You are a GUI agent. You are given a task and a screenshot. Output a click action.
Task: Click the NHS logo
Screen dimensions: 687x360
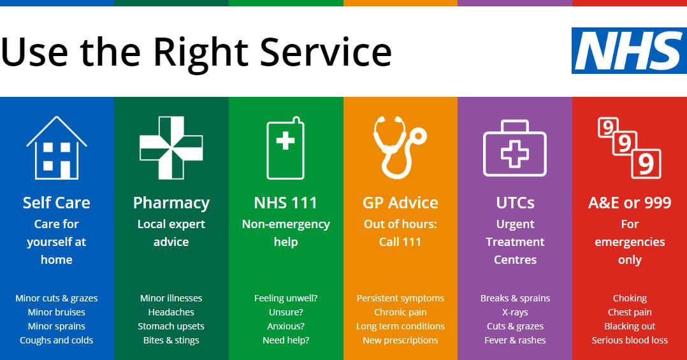629,50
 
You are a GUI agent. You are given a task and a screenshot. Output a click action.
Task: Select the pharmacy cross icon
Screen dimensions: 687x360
171,148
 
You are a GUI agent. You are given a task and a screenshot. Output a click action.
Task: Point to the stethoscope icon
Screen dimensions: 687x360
400,148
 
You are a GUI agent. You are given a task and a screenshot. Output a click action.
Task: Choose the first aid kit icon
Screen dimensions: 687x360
515,148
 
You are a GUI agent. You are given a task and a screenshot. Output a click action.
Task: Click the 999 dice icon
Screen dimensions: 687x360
630,148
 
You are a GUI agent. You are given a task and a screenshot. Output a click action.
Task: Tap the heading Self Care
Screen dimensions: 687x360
57,203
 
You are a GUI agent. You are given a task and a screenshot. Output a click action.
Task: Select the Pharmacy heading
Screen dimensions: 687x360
171,203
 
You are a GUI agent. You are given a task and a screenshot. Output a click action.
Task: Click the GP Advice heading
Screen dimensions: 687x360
400,203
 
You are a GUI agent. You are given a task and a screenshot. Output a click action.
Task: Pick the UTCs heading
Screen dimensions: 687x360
515,203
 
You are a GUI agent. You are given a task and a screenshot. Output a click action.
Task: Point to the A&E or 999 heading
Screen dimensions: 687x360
630,203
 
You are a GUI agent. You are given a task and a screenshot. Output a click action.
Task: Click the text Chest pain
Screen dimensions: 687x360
630,312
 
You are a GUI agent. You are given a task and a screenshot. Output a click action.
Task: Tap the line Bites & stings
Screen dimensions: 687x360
171,340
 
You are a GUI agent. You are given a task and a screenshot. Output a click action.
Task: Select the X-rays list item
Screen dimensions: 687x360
515,312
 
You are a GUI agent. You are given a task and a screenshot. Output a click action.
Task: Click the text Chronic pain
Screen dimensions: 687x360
400,312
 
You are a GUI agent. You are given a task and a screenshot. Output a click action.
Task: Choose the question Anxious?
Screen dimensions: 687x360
286,326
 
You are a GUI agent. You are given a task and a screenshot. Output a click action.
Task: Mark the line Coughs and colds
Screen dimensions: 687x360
57,340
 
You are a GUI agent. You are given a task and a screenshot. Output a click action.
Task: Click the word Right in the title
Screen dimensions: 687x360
201,53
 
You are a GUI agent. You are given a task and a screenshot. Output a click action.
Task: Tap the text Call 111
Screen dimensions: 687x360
400,241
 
